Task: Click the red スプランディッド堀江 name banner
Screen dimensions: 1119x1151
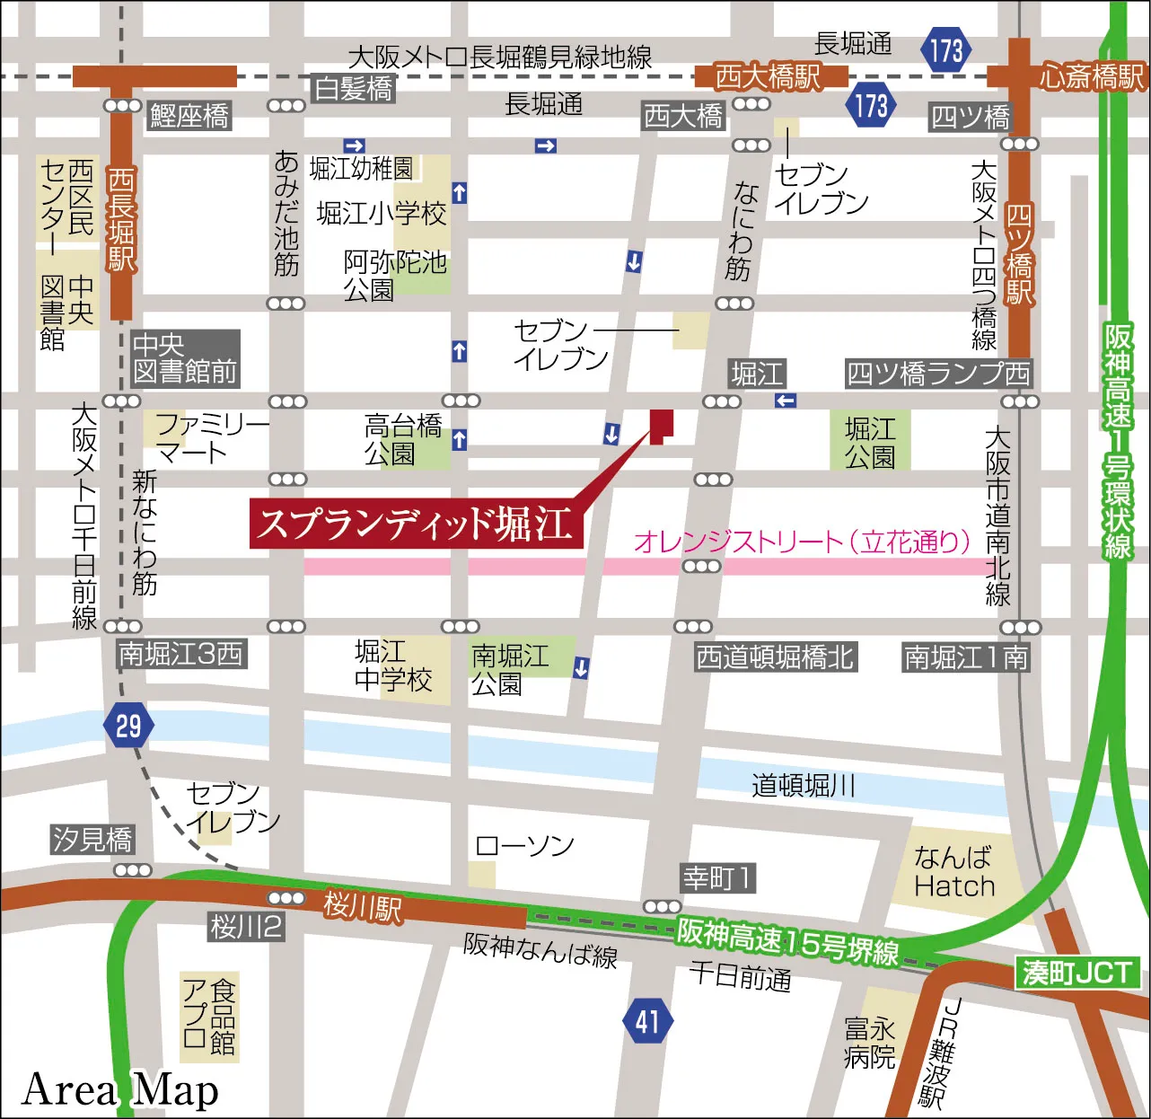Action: coord(416,524)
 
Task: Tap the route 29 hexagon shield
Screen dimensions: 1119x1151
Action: coord(128,725)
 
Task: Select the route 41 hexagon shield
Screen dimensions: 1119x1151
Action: coord(647,1021)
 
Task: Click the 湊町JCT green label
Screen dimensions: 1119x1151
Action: coord(1076,973)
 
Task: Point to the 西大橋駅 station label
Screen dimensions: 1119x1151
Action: coord(768,76)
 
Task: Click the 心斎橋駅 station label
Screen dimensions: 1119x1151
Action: coord(1092,76)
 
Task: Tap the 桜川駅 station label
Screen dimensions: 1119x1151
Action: coord(362,907)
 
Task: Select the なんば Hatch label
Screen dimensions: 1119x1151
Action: coord(953,872)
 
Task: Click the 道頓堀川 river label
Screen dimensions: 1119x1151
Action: coord(803,786)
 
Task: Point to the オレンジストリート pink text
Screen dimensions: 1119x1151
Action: coord(803,542)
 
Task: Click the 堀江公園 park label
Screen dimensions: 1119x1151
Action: coord(869,442)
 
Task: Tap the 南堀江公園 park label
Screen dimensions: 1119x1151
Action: coord(509,669)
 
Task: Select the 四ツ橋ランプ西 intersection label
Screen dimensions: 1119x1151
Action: coord(937,373)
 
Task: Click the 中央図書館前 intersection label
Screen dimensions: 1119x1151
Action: coord(185,358)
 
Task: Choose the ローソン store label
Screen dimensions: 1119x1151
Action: coord(524,845)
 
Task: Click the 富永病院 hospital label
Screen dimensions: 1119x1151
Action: coord(869,1042)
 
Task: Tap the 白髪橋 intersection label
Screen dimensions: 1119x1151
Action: coord(353,88)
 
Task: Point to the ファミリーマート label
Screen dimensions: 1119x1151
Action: coord(210,437)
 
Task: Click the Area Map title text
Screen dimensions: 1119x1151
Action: coord(119,1089)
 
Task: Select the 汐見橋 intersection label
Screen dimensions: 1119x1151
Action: coord(92,840)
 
